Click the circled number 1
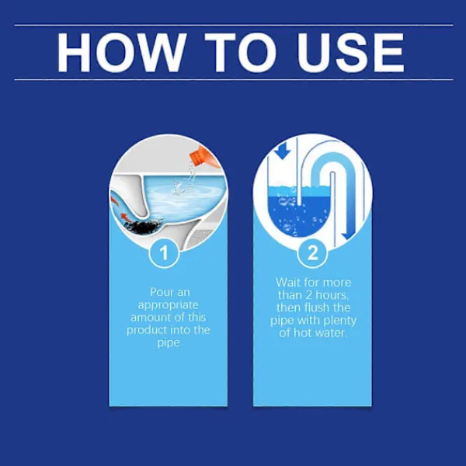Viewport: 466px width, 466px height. (164, 253)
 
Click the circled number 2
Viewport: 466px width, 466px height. (312, 253)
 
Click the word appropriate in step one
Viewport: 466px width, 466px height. (169, 305)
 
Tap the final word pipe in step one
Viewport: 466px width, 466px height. (169, 343)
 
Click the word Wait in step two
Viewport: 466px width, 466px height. (287, 283)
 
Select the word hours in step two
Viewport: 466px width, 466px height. (332, 295)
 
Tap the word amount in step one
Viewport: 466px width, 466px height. (151, 318)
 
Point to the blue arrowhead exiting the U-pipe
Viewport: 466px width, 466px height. (348, 235)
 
